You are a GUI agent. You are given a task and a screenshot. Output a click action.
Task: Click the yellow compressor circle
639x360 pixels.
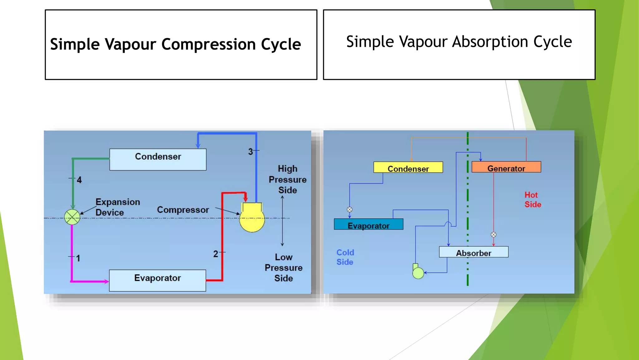click(x=252, y=219)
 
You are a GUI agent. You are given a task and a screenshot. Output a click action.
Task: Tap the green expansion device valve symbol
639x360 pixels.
click(x=72, y=217)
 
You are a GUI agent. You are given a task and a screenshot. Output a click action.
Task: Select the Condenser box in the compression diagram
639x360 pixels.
click(x=158, y=159)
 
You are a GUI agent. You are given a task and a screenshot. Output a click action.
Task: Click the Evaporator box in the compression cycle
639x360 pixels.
click(x=158, y=280)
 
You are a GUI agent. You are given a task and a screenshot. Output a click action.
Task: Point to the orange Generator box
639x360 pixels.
click(x=506, y=167)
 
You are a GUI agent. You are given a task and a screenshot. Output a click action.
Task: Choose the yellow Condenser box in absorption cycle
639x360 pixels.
click(x=408, y=167)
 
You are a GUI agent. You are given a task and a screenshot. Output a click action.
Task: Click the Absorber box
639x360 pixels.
click(x=474, y=252)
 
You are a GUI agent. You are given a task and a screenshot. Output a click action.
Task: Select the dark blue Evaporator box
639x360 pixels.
click(x=368, y=224)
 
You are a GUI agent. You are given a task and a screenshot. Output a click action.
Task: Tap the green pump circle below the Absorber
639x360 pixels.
click(x=418, y=273)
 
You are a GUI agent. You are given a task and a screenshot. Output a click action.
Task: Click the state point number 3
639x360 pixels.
click(x=251, y=152)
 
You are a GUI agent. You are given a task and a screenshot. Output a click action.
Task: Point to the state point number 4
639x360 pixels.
click(x=79, y=180)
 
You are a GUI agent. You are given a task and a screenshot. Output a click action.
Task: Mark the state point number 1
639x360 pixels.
click(x=78, y=258)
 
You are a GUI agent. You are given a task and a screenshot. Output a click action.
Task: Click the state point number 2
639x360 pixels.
click(x=216, y=254)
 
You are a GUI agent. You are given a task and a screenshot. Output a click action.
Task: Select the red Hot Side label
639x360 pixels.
click(x=533, y=200)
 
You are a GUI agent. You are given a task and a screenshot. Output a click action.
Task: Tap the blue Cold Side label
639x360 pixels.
click(x=345, y=257)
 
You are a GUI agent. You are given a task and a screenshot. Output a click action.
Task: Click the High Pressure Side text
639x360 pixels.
click(x=287, y=179)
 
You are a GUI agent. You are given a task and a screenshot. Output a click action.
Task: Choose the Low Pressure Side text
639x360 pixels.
click(x=283, y=267)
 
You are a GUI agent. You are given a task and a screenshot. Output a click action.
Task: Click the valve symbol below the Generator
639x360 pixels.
click(x=493, y=235)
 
